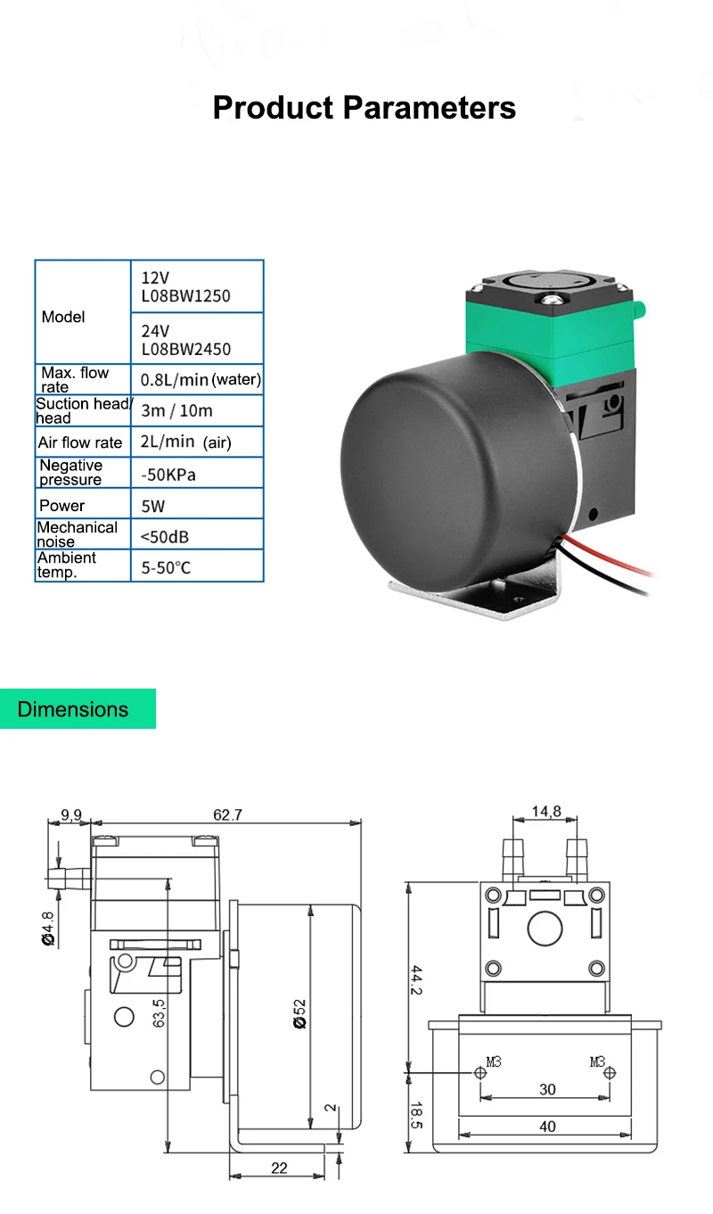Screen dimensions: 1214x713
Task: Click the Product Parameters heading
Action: pos(364,108)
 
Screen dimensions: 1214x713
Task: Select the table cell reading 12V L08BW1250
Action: pos(197,286)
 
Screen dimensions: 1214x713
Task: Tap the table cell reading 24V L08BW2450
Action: pos(197,338)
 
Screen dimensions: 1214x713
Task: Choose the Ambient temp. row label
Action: pos(82,565)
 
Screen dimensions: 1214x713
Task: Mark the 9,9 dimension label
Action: pos(70,814)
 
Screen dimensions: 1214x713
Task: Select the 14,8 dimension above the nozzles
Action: pos(546,812)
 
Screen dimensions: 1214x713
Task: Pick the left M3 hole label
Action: pos(494,1061)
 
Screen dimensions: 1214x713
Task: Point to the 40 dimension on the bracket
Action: pos(547,1127)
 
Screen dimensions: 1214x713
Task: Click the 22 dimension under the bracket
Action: pos(279,1168)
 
